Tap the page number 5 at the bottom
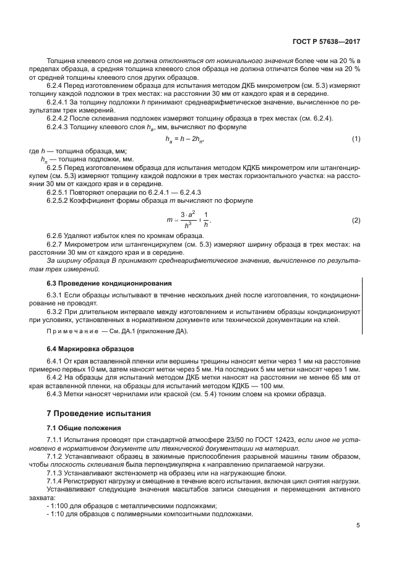pyautogui.click(x=358, y=526)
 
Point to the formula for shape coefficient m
pyautogui.click(x=188, y=220)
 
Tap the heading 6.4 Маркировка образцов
pyautogui.click(x=83, y=349)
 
